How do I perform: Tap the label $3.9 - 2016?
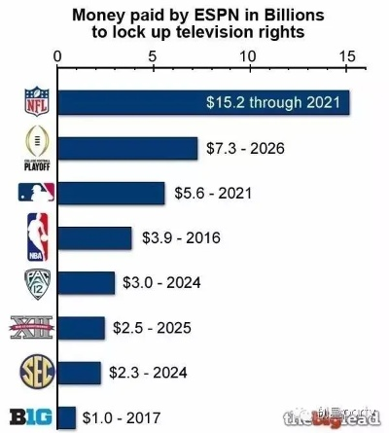(182, 238)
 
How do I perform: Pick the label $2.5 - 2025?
(153, 328)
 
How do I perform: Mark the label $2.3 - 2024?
(149, 373)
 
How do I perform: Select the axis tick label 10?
(251, 55)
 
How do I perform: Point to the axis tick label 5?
(155, 55)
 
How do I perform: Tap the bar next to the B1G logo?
(67, 417)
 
